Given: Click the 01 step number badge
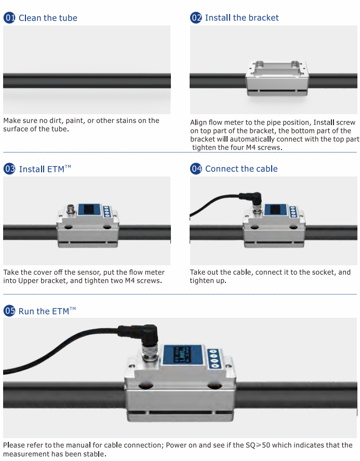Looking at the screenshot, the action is click(9, 18).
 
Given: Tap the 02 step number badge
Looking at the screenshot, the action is click(196, 18).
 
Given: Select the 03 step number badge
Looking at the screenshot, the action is click(9, 169).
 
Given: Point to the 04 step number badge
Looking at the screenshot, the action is click(196, 169).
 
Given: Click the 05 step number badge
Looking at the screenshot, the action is click(9, 311).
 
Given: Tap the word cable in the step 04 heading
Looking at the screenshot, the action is click(266, 169).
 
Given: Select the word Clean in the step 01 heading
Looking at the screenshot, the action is click(30, 18).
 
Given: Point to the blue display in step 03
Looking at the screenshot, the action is click(89, 210).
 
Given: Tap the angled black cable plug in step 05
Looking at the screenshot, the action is click(140, 335).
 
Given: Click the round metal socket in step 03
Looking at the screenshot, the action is click(71, 209).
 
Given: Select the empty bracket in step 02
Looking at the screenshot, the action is click(277, 78).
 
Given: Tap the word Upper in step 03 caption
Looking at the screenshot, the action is click(28, 281).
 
